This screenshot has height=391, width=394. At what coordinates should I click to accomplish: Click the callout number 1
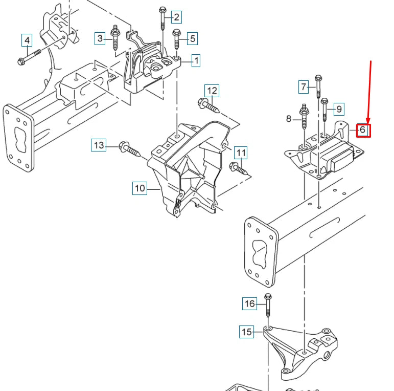(196, 61)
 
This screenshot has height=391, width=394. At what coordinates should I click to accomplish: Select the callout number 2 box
(176, 17)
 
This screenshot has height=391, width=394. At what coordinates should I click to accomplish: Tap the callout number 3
(101, 37)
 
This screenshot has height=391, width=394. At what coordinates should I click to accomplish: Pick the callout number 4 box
(27, 40)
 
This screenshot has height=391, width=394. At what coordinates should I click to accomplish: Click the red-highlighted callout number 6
(362, 130)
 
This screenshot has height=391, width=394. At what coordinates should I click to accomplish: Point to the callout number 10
(140, 188)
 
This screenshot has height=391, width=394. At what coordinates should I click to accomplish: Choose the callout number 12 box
(212, 92)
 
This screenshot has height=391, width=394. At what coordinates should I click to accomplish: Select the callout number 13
(99, 145)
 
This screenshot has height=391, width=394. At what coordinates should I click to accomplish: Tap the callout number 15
(246, 332)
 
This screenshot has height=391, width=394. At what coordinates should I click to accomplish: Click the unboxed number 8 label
(289, 119)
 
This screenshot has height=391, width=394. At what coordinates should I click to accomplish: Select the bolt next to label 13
(130, 149)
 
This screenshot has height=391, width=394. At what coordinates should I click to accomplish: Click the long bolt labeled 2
(163, 20)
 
